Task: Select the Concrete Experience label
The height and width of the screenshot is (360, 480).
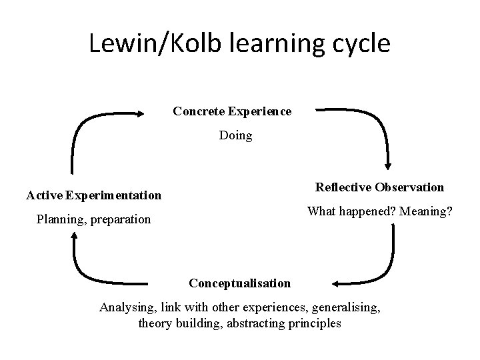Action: point(232,111)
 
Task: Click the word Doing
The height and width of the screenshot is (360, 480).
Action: point(236,135)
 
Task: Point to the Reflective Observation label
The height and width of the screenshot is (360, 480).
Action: point(379,187)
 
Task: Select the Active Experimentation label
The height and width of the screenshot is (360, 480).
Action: point(93,195)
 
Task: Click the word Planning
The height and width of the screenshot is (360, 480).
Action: point(58,219)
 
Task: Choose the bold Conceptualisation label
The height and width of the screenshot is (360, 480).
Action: point(240,283)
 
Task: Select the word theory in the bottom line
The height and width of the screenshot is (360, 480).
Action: point(155,323)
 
